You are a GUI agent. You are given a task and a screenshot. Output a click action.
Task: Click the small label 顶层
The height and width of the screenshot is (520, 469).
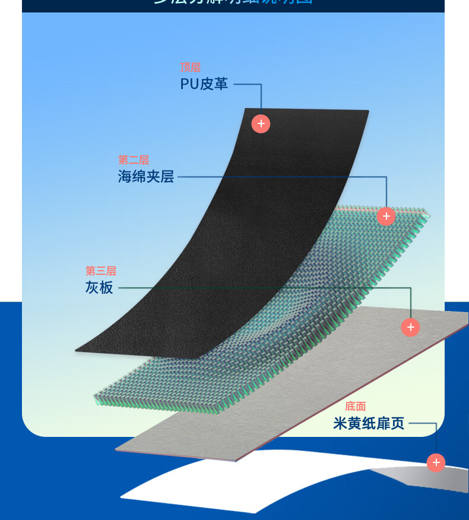[191, 68]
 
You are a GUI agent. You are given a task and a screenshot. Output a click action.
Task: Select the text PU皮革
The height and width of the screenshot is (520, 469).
[204, 84]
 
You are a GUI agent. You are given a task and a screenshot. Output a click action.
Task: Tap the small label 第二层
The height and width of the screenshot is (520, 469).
[134, 160]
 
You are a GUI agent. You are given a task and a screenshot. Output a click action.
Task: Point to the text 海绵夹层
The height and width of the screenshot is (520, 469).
[146, 177]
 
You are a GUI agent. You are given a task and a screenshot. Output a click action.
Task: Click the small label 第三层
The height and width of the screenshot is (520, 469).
[101, 271]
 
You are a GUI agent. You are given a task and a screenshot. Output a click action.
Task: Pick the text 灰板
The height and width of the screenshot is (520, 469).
[99, 288]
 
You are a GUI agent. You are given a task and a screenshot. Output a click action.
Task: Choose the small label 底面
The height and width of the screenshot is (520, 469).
[356, 406]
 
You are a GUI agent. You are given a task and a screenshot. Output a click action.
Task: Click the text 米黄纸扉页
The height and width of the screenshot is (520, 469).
[369, 423]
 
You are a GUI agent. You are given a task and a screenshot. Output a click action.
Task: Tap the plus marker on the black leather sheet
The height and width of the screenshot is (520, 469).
[261, 123]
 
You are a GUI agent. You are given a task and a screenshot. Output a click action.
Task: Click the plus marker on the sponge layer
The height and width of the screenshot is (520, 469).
[386, 216]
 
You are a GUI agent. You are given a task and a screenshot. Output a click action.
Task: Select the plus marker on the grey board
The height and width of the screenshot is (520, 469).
[410, 327]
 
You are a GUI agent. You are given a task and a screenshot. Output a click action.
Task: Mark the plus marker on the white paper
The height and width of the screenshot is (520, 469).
[436, 462]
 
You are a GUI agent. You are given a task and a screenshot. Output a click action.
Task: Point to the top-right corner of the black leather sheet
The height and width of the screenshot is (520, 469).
[367, 111]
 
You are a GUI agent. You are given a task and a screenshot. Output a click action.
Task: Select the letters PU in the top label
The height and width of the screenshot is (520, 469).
[189, 84]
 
